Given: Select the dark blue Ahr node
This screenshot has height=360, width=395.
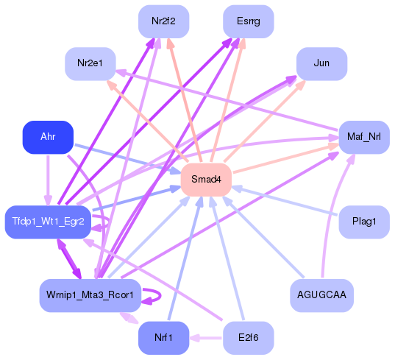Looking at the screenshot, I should point(48,137).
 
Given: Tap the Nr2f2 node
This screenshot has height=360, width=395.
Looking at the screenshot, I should point(164,21).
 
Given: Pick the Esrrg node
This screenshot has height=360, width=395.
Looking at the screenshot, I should point(249,21).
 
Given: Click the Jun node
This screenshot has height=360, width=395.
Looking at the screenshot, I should point(321,64).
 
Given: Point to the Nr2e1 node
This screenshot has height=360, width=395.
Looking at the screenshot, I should point(90,64).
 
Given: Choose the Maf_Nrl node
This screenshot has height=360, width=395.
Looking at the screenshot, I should point(363,137).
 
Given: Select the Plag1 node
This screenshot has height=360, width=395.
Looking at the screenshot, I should point(363,222).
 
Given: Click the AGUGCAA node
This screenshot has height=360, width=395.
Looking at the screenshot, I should point(321,295).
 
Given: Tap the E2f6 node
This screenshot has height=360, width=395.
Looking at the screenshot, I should point(249,338).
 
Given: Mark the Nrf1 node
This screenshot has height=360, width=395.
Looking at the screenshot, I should point(164,338).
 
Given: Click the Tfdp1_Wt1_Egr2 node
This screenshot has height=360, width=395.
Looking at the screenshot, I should point(48,222).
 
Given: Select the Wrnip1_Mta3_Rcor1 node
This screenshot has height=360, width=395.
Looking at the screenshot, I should point(90,295).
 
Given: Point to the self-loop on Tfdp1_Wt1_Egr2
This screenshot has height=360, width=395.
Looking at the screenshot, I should point(107,222).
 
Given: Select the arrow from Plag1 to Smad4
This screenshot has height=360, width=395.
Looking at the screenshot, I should point(287,200).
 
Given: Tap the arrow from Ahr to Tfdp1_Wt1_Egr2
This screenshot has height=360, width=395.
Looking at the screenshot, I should point(48,179).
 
